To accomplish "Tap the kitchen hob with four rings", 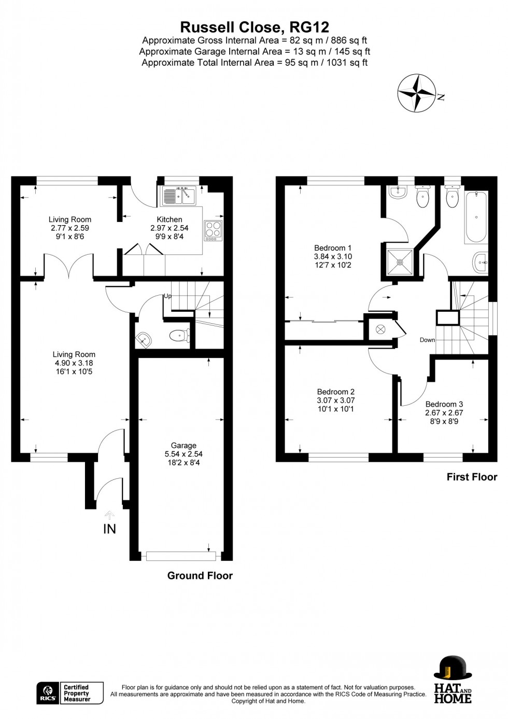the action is pos(213,230).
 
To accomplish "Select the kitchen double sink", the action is pos(179,196).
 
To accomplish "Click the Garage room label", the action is pos(184,445).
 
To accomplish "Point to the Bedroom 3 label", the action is pos(444,404).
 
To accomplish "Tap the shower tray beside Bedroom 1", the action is pos(400,262).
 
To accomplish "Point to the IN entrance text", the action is pos(109,529).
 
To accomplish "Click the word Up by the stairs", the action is pos(167,296).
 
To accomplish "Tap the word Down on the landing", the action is pos(428,340).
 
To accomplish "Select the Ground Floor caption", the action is pos(200,575).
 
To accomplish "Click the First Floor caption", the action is pos(472,477).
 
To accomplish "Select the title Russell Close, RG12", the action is pos(255,27).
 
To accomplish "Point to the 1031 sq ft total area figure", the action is pos(347,62).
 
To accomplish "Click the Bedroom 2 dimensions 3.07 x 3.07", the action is pos(336,400).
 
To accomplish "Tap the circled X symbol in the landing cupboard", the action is pos(380,329).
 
